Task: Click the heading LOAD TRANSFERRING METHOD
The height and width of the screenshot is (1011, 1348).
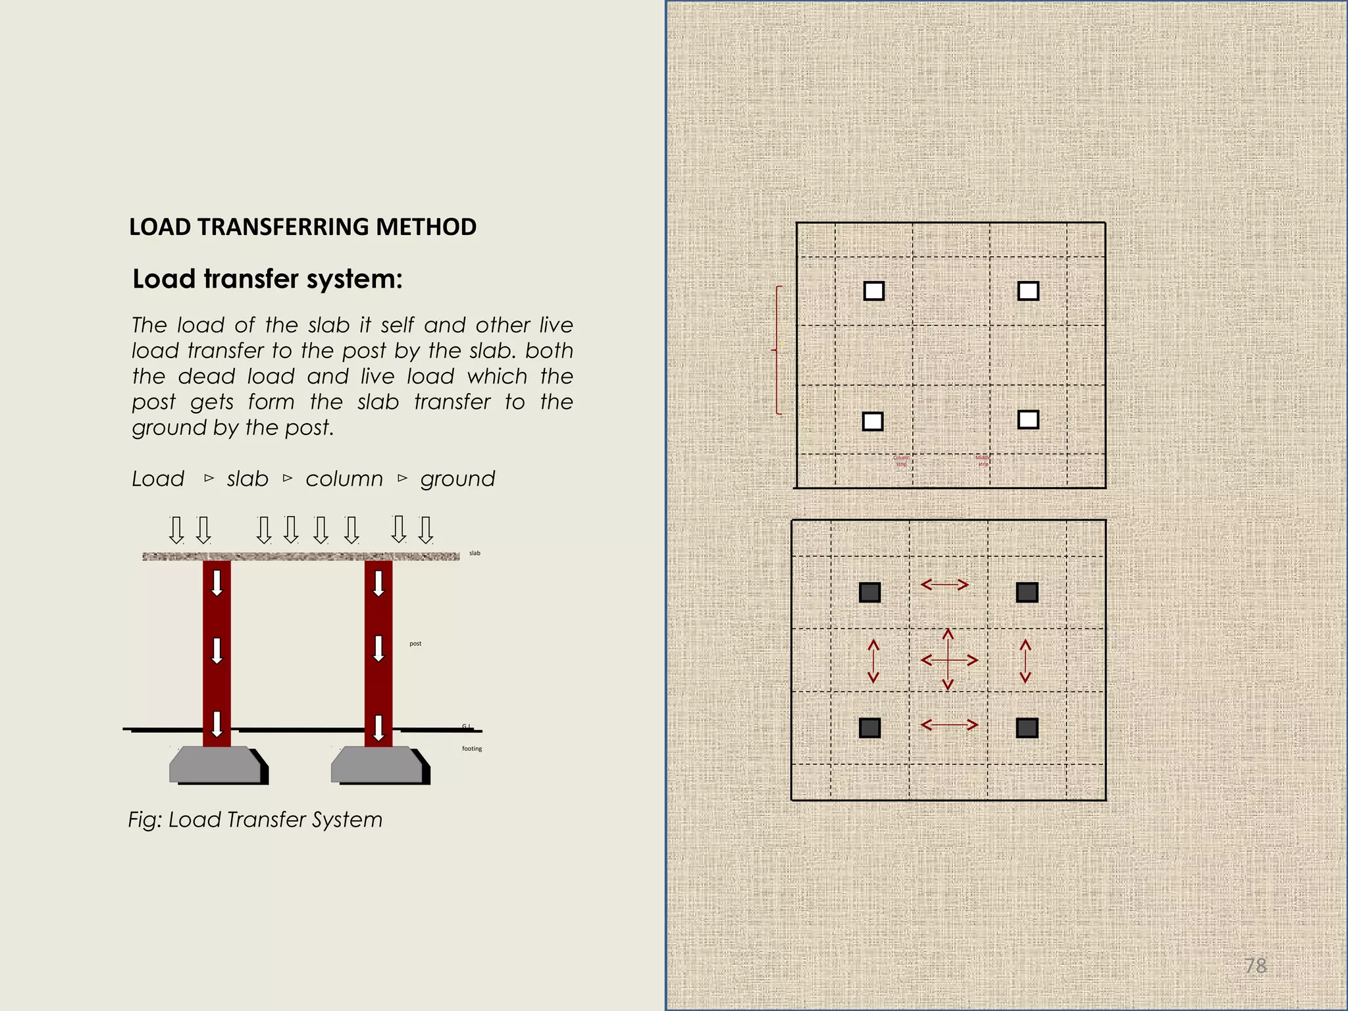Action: (x=302, y=227)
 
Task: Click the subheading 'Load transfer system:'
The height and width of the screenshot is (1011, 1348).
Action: (x=267, y=279)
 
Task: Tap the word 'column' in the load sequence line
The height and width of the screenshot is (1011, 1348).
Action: (x=344, y=479)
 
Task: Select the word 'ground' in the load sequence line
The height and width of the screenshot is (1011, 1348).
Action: (x=457, y=479)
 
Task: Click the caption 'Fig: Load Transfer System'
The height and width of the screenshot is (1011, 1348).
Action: (x=255, y=820)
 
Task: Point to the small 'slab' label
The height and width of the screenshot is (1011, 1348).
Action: (x=475, y=554)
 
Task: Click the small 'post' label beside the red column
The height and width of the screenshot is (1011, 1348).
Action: (x=415, y=644)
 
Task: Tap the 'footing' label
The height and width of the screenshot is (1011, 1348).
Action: (x=472, y=749)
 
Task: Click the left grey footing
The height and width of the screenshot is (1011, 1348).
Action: (x=214, y=765)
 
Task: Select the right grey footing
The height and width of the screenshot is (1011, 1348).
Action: (x=376, y=765)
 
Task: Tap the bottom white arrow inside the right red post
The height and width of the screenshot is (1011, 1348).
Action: (x=378, y=728)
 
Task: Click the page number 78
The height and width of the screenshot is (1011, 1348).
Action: (x=1255, y=966)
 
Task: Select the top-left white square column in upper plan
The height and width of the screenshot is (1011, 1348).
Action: (x=874, y=291)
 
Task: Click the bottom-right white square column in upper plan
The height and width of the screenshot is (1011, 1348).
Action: (x=1028, y=419)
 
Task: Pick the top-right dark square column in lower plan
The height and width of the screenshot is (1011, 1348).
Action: (x=1027, y=592)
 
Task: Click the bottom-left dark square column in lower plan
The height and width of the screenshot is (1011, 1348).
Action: (x=870, y=728)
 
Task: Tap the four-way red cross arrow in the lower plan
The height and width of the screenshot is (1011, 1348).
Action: (x=948, y=660)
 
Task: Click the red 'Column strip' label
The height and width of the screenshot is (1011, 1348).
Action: (x=901, y=461)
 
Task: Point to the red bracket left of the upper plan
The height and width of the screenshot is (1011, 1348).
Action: (x=777, y=350)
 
